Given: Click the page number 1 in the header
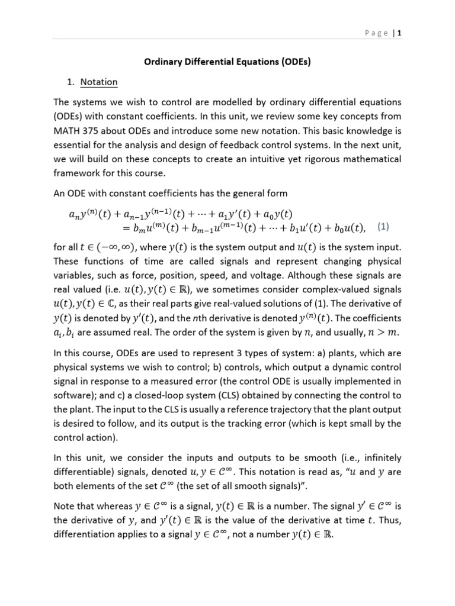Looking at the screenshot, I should (400, 34).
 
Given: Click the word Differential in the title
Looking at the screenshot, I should (216, 62).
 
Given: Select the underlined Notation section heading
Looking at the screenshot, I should (99, 82).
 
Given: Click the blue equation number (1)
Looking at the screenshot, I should (383, 226).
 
